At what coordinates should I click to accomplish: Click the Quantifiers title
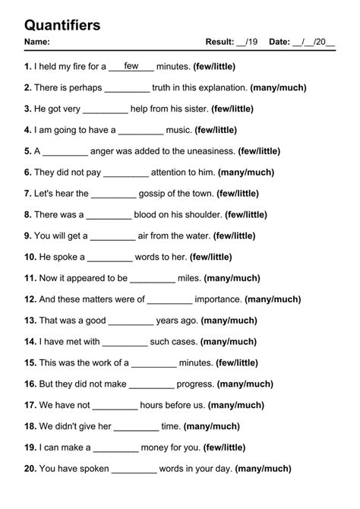(62, 26)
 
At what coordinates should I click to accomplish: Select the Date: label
(279, 42)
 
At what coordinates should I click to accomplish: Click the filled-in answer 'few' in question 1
(131, 66)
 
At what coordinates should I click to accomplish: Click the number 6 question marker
(28, 172)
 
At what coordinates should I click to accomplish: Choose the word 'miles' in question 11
(189, 278)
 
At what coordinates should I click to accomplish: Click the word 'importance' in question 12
(219, 299)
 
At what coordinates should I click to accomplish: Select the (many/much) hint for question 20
(272, 469)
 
